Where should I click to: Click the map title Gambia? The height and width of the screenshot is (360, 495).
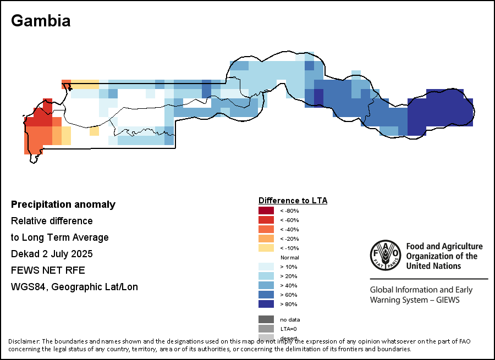(x=41, y=21)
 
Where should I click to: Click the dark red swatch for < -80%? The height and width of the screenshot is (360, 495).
(x=266, y=211)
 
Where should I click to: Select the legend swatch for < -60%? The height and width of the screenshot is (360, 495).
(x=266, y=220)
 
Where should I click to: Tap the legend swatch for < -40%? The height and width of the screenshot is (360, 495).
(x=266, y=229)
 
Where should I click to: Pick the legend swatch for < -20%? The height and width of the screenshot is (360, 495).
(x=266, y=239)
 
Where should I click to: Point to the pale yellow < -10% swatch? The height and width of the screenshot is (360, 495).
(x=266, y=248)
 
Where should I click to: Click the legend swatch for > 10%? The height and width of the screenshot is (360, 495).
(x=266, y=267)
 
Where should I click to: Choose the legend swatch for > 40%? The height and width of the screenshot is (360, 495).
(x=266, y=285)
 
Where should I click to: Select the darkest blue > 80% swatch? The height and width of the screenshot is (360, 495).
(x=266, y=304)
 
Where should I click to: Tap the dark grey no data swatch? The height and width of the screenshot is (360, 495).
(x=266, y=319)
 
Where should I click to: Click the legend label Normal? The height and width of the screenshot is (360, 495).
(x=289, y=257)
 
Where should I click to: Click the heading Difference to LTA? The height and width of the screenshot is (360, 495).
(x=293, y=201)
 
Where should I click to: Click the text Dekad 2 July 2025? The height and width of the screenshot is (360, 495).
(x=52, y=254)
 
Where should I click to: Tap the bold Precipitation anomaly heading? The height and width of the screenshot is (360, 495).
(x=63, y=204)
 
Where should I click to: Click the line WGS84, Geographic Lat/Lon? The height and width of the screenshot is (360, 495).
(x=74, y=287)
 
